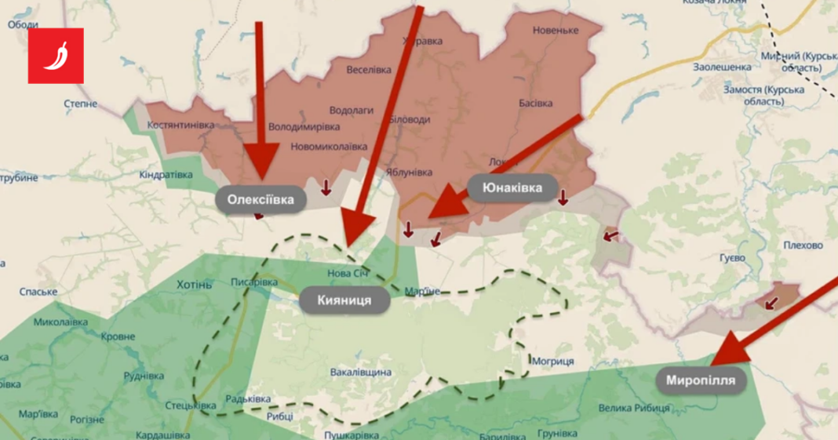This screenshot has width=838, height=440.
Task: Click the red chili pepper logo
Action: (56, 56)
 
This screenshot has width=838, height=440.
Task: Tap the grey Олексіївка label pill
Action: (261, 199)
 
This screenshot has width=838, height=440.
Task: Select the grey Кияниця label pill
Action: (344, 300)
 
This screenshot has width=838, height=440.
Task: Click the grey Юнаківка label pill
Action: (513, 188)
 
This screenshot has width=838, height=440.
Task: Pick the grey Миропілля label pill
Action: (701, 381)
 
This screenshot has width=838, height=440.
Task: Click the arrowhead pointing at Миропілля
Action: (729, 347)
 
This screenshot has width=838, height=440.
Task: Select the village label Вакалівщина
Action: (361, 372)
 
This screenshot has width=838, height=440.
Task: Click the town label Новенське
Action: (555, 30)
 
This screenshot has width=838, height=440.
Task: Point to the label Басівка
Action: (536, 103)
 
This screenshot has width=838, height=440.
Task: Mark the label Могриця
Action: (552, 361)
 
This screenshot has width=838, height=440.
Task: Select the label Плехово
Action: (803, 245)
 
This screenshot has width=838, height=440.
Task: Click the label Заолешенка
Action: (722, 67)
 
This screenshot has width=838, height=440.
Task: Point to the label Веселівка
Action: (369, 69)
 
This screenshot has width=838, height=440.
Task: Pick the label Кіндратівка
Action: (166, 174)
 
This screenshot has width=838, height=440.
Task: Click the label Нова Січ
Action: (348, 273)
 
